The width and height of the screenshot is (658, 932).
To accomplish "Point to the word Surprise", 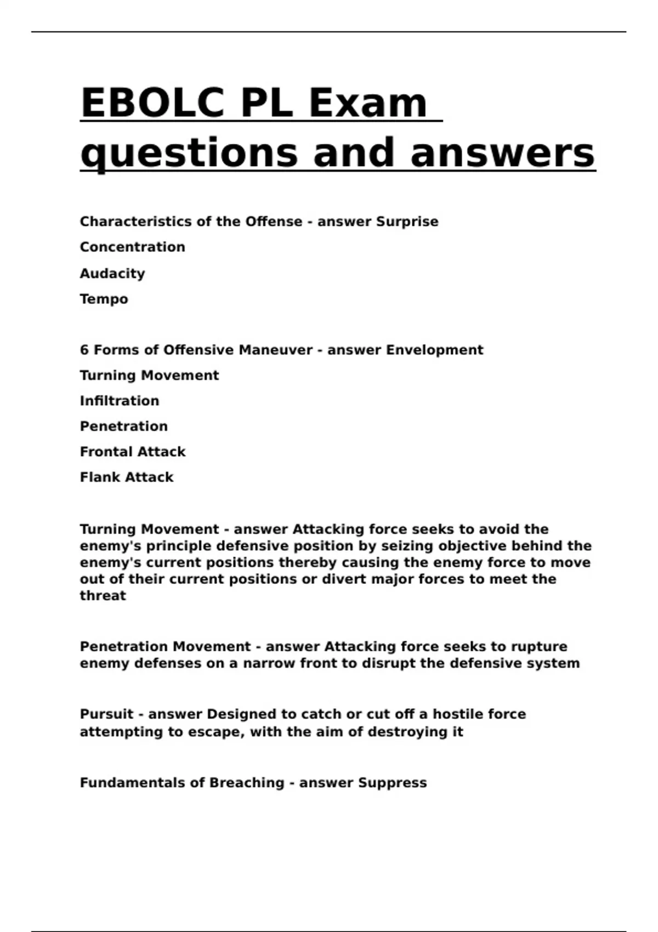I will point(407,221).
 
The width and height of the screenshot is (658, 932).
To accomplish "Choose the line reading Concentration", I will point(132,247).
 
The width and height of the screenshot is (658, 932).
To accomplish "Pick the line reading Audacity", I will point(112,273).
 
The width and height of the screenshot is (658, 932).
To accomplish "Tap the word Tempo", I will point(104,299).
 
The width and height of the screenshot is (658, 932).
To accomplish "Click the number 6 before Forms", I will point(84,350).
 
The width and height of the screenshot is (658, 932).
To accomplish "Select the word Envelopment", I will point(434,350).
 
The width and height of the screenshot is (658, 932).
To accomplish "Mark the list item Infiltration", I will point(120,401).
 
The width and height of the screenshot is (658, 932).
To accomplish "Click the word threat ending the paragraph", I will point(103,595).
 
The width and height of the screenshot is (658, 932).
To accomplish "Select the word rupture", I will point(538,646).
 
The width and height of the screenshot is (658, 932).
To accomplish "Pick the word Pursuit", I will point(106,714).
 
